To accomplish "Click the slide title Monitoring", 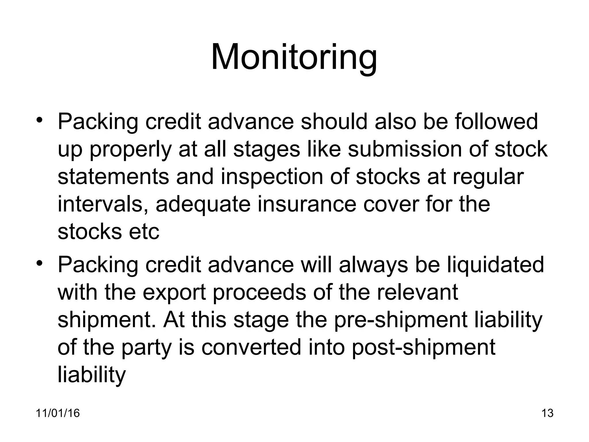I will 294,57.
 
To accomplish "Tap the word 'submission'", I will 404,149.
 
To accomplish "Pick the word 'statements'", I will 113,177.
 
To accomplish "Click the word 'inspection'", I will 271,177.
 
